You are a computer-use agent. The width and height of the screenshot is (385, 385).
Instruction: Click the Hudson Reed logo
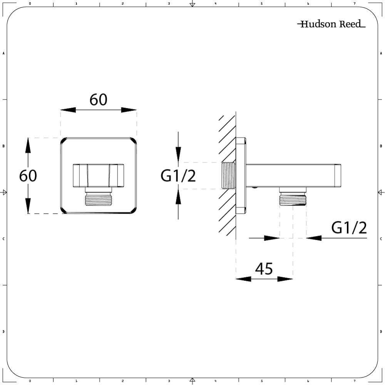(331, 24)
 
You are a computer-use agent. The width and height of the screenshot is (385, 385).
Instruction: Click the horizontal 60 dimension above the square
(98, 100)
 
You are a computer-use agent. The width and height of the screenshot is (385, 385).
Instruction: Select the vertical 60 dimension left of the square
(28, 176)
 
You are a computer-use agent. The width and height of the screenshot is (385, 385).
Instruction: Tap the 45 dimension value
(264, 269)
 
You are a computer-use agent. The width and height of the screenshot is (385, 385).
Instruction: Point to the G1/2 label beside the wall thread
(178, 176)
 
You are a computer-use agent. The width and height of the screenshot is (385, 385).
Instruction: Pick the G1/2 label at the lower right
(349, 228)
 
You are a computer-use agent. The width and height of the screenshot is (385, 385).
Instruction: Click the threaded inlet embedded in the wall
(228, 176)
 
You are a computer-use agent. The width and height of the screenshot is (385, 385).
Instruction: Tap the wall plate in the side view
(241, 176)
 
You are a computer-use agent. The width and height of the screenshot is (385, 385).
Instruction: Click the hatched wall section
(228, 176)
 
